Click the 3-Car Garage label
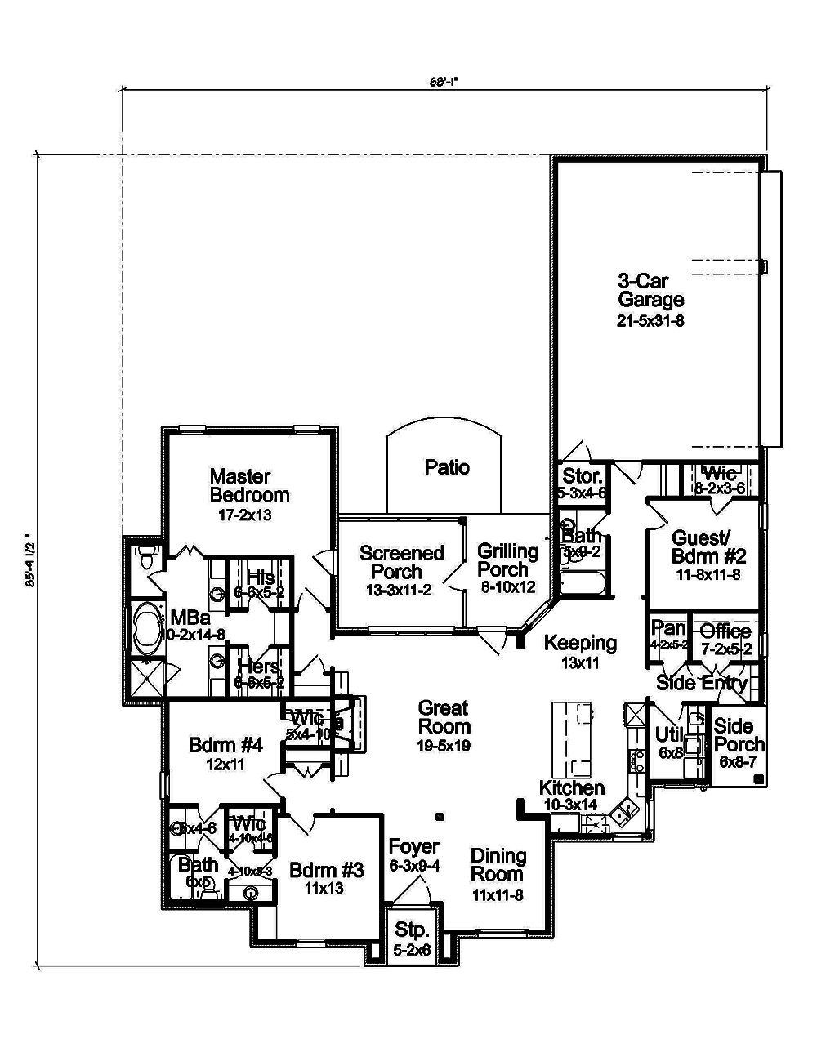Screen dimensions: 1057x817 coord(650,291)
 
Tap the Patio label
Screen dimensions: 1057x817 coord(447,467)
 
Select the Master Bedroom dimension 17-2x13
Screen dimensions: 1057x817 coord(244,515)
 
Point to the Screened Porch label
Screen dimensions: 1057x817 coord(400,562)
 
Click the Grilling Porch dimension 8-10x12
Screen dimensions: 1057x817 coord(507,588)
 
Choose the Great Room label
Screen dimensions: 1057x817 coord(444,717)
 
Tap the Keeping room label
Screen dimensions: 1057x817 coord(580,643)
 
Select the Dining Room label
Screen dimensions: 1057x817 coord(498,865)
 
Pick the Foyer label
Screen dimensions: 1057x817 coord(413,847)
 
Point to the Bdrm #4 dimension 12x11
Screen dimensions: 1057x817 coord(225,765)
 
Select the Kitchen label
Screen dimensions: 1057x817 coord(572,788)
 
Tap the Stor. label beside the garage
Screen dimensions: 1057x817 coord(583,476)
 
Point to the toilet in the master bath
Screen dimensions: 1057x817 coord(145,560)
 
